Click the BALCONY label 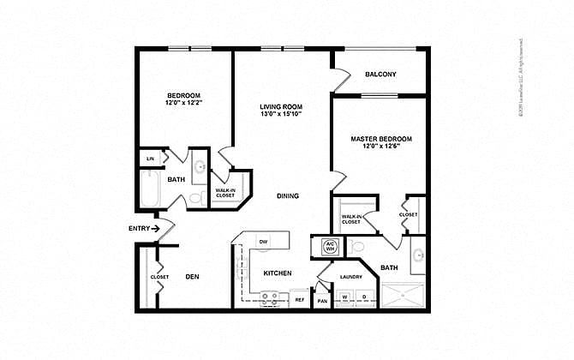[x=380, y=75]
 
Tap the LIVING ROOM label [x=282, y=107]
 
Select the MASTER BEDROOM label [x=381, y=139]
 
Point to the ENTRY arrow [x=156, y=228]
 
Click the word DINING [x=288, y=196]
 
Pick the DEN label [x=192, y=277]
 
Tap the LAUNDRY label [x=350, y=276]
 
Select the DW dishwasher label [x=264, y=242]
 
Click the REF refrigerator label [x=301, y=300]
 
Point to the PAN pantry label [x=323, y=301]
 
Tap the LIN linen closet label [x=150, y=159]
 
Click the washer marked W [x=346, y=297]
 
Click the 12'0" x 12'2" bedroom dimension [x=183, y=103]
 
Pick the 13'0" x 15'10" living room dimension [x=282, y=116]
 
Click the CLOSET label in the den [x=159, y=277]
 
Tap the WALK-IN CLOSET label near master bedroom [x=351, y=219]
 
